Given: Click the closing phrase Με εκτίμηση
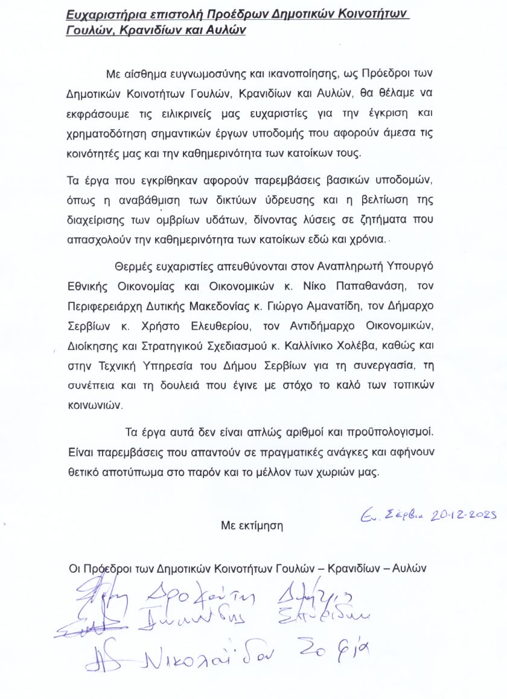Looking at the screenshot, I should click(252, 525).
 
